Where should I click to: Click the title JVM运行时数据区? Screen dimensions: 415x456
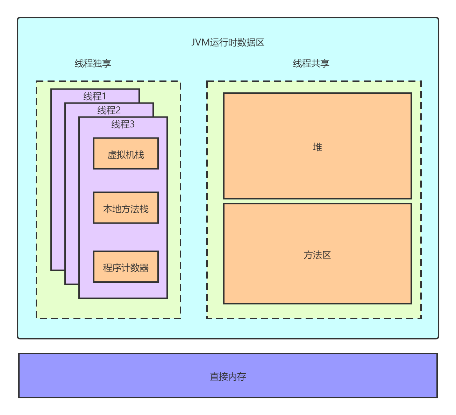pos(228,42)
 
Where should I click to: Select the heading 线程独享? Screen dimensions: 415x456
pos(93,63)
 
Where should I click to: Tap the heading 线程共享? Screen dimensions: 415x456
pos(311,63)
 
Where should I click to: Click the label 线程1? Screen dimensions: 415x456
pos(95,96)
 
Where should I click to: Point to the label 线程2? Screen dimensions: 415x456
pos(109,110)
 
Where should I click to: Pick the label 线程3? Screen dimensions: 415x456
pos(123,124)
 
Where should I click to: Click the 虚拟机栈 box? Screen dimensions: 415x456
pos(126,154)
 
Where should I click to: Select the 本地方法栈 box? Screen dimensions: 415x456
pos(126,208)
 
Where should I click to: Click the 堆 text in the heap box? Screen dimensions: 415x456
pos(318,147)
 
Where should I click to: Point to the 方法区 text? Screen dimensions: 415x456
pos(317,255)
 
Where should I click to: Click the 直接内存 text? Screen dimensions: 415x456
pos(228,377)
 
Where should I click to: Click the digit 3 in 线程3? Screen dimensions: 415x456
pos(132,124)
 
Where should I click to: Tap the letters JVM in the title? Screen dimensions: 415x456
pos(200,42)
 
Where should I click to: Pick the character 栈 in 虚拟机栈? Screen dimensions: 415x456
pos(140,155)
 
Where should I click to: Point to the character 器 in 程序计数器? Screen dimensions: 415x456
pos(144,268)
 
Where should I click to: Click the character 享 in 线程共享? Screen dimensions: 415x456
pos(325,63)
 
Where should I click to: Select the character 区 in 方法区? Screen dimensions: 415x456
pos(327,255)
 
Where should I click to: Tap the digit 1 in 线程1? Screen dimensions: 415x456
pos(104,96)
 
